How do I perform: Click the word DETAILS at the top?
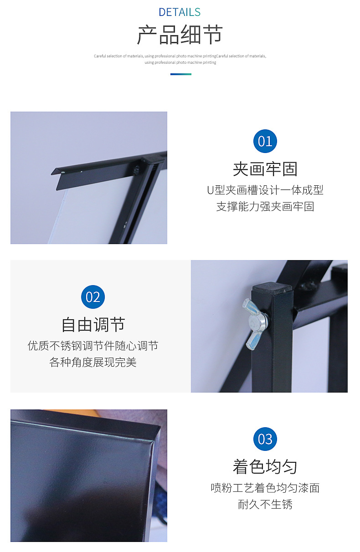(180, 12)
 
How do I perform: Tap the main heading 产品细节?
(180, 35)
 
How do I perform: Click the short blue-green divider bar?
(181, 74)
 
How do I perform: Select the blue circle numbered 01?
(265, 141)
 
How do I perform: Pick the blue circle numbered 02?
(93, 297)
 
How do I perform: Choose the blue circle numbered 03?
(265, 439)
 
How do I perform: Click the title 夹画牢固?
(265, 169)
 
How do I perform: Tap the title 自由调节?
(93, 325)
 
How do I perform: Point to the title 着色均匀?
(265, 467)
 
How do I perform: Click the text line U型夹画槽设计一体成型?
(265, 190)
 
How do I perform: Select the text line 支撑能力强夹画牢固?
(265, 206)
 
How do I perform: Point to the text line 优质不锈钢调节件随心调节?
(93, 346)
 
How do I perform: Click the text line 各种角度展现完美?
(93, 362)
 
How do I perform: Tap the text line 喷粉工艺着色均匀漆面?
(265, 488)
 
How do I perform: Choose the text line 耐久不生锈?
(265, 504)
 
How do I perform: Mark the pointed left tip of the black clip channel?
(51, 174)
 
